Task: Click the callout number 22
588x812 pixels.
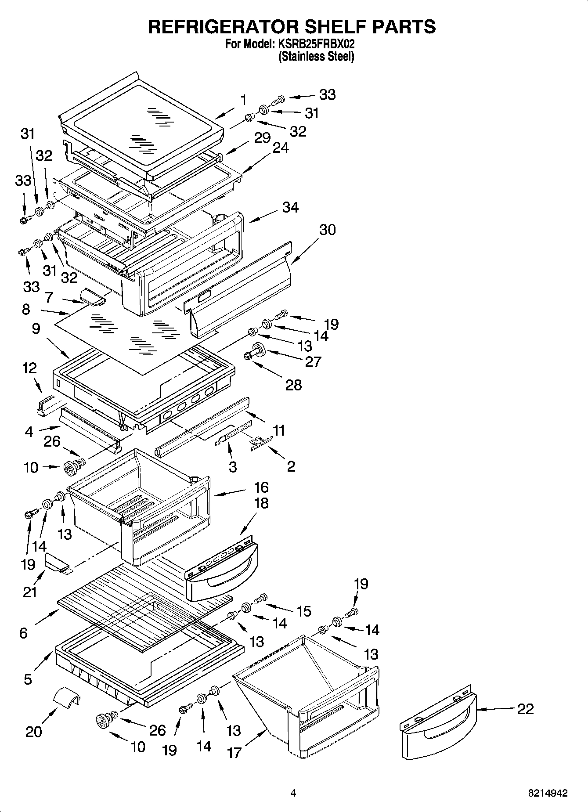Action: [x=526, y=709]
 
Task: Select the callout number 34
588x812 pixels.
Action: [x=290, y=207]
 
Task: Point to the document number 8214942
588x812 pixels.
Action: [x=548, y=793]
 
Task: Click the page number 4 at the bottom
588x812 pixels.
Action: [x=293, y=793]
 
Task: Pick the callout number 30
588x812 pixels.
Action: [x=328, y=230]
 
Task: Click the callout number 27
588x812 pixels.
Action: [x=313, y=361]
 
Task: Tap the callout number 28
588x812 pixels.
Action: [x=293, y=385]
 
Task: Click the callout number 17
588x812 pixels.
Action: [x=234, y=753]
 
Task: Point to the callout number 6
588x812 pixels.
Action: [x=23, y=632]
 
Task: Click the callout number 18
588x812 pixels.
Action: [x=261, y=503]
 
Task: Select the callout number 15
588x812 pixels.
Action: [x=304, y=611]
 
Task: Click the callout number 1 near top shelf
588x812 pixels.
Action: [x=243, y=100]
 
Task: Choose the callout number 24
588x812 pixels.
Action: [x=281, y=148]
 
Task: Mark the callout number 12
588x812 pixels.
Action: [x=29, y=368]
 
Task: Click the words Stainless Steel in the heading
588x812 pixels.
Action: [x=316, y=56]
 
